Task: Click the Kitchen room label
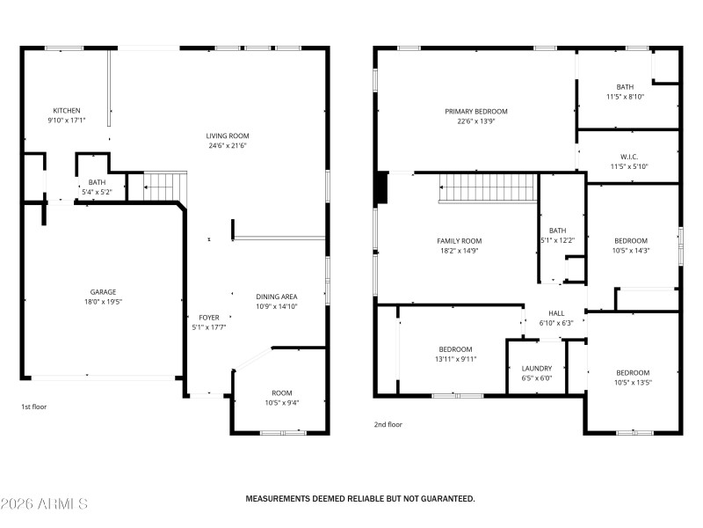66,111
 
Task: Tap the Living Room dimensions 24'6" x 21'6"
228,146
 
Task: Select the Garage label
103,292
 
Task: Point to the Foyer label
208,318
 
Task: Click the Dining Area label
276,297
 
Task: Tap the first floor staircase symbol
164,187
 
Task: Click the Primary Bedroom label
475,112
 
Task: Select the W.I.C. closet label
628,158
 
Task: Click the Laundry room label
536,369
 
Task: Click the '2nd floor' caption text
388,425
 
